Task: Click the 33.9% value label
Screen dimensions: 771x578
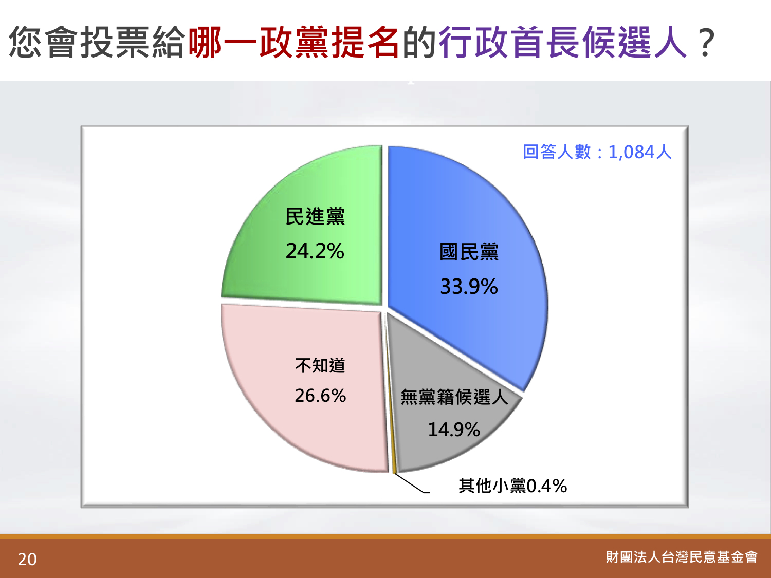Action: (469, 286)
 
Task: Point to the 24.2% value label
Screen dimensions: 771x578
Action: (315, 251)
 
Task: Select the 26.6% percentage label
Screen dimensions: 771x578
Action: (320, 396)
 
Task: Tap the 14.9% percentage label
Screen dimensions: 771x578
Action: (454, 430)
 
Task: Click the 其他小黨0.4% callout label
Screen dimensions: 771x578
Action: (513, 486)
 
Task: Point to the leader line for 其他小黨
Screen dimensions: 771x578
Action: (412, 483)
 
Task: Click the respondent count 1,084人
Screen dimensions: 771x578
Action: (640, 152)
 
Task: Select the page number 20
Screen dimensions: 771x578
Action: (27, 559)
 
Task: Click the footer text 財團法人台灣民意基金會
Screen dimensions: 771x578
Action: (682, 557)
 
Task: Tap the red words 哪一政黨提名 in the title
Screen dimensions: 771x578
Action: (294, 42)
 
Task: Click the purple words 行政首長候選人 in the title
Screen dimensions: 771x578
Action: (563, 42)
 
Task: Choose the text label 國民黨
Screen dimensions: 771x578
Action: (469, 252)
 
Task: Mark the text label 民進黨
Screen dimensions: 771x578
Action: (315, 216)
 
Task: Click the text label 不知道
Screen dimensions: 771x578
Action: (320, 365)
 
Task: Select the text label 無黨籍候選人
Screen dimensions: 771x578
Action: (454, 397)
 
